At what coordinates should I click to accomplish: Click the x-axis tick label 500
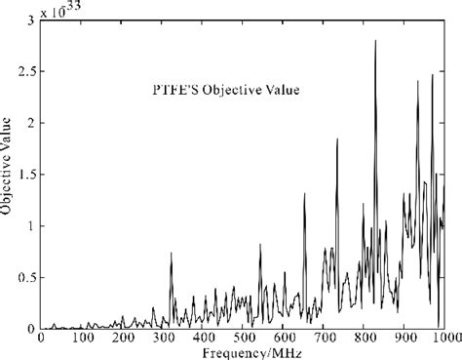(x=243, y=339)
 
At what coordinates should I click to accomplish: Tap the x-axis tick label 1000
(x=443, y=339)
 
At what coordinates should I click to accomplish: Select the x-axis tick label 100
(x=81, y=339)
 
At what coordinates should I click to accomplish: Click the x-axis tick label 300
(x=162, y=339)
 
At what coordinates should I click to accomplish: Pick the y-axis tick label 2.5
(x=18, y=71)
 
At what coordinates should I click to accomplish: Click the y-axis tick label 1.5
(x=18, y=175)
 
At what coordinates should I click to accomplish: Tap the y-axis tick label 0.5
(x=18, y=278)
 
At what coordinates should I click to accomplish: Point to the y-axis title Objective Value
(x=7, y=176)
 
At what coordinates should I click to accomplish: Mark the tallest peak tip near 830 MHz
(x=375, y=41)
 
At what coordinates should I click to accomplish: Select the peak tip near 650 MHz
(x=304, y=193)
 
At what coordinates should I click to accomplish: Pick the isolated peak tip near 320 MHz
(x=172, y=253)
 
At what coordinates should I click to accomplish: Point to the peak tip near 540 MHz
(x=260, y=244)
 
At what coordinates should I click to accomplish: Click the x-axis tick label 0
(x=40, y=339)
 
